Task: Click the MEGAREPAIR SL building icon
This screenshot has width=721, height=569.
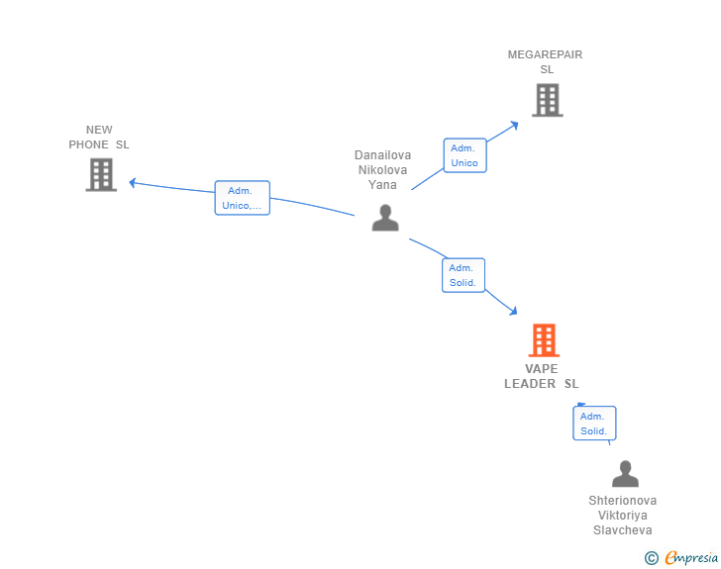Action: pyautogui.click(x=548, y=100)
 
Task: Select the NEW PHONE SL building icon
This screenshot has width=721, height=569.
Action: pyautogui.click(x=101, y=174)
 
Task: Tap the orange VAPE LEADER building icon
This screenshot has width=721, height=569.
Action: pyautogui.click(x=544, y=340)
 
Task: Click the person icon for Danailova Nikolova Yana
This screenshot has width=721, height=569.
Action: pyautogui.click(x=385, y=218)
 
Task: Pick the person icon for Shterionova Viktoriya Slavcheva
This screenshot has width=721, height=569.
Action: pyautogui.click(x=625, y=474)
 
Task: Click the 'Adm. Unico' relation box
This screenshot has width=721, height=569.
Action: pyautogui.click(x=464, y=155)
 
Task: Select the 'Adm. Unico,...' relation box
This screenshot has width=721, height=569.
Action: pyautogui.click(x=243, y=198)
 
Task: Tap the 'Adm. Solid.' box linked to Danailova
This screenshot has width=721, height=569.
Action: pyautogui.click(x=463, y=275)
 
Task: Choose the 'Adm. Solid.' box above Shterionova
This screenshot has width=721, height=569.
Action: pyautogui.click(x=594, y=424)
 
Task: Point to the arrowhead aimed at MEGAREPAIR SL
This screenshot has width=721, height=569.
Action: pyautogui.click(x=515, y=125)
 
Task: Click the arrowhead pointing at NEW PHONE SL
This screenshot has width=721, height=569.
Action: pyautogui.click(x=133, y=183)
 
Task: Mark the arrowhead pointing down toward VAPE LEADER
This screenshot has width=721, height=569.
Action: pyautogui.click(x=514, y=311)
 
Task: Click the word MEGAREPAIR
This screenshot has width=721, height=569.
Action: pyautogui.click(x=545, y=54)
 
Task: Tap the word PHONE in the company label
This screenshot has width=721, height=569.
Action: pyautogui.click(x=89, y=144)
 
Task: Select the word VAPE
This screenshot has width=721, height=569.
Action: pyautogui.click(x=541, y=369)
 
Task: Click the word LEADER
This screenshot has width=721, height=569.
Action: pyautogui.click(x=530, y=384)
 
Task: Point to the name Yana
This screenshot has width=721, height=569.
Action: pyautogui.click(x=382, y=185)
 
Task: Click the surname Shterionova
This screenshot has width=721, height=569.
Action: pyautogui.click(x=623, y=501)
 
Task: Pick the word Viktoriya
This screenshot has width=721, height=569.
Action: pyautogui.click(x=623, y=516)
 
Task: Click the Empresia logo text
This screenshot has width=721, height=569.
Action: pyautogui.click(x=691, y=557)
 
